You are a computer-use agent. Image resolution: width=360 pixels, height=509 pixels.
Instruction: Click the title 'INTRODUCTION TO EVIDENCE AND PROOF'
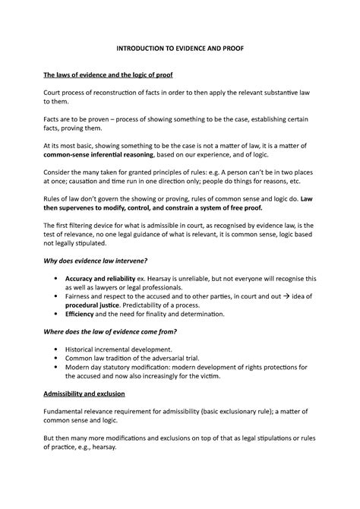[x=179, y=48]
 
